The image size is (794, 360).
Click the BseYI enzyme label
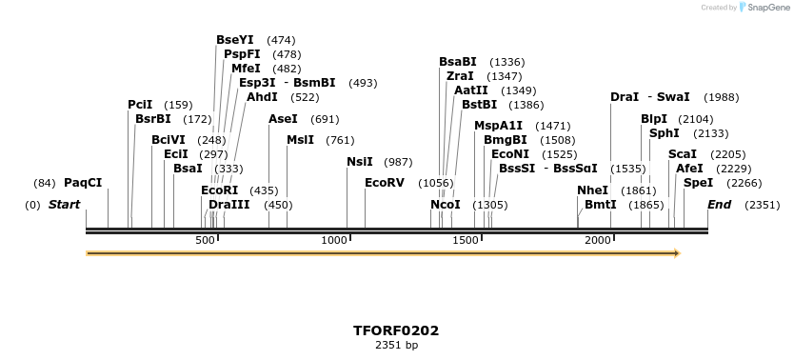235,40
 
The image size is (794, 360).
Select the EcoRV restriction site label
385,183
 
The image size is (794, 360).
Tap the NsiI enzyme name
360,162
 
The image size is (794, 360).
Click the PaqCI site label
83,183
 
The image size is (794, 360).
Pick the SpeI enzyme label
698,183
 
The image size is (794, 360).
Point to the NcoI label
446,205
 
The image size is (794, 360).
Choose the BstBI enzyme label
480,105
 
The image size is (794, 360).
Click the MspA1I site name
498,126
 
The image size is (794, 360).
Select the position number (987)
398,162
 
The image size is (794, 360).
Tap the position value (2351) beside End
762,205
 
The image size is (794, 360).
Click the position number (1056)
436,183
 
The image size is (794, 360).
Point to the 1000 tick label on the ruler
334,240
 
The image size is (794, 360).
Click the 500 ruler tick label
205,240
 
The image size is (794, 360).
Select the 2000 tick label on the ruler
598,240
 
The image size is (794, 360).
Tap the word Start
64,205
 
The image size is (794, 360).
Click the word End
720,205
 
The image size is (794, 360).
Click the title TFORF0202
396,330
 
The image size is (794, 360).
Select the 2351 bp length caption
396,345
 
